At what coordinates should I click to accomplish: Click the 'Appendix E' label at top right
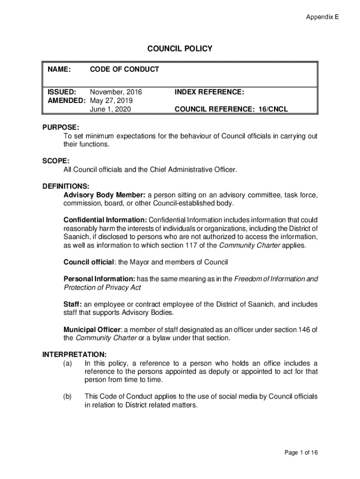pos(322,17)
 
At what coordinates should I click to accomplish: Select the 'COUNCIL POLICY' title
pos(180,49)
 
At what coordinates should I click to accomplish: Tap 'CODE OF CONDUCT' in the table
pos(124,70)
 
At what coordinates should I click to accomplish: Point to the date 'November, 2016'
pos(116,92)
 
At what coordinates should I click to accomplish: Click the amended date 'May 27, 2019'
pos(111,101)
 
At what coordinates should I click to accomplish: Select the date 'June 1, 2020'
pos(110,109)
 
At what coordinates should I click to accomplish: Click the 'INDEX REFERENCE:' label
pos(209,92)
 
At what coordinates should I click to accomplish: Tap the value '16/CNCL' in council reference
pos(273,109)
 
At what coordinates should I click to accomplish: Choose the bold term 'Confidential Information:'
pos(105,220)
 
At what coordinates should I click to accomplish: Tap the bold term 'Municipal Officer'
pos(92,329)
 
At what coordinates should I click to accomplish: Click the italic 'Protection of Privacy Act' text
pos(102,287)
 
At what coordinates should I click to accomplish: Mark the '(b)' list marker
pos(68,397)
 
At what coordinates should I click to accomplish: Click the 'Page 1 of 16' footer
pos(301,452)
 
